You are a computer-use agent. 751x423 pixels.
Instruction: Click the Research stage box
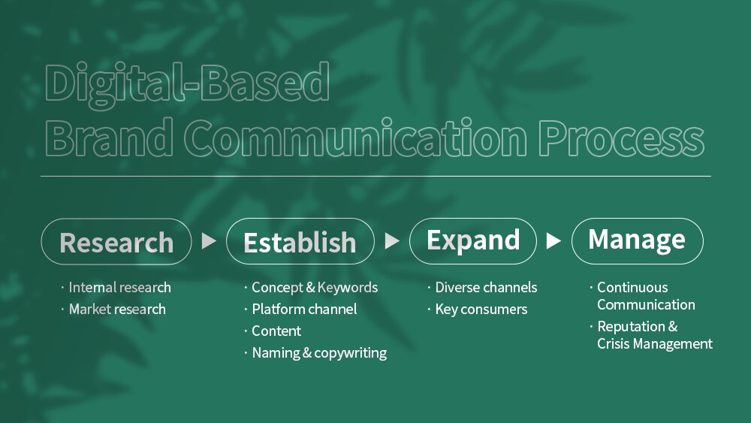coord(116,241)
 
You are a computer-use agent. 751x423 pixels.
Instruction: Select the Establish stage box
coord(300,241)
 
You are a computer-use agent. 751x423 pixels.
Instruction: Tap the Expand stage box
coord(472,241)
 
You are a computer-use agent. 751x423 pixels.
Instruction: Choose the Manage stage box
coord(637,241)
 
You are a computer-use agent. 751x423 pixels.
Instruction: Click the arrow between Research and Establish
coord(208,241)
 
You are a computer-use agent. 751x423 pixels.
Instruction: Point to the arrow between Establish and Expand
coord(392,241)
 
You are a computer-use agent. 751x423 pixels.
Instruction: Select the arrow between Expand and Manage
coord(553,241)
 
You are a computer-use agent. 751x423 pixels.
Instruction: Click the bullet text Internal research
coord(119,288)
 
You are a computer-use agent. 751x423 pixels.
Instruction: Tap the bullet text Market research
coord(117,310)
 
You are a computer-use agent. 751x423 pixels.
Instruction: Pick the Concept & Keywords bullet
coord(315,288)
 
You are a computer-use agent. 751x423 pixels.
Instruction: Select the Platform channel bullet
coord(304,310)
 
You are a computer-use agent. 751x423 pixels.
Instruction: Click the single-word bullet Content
coord(276,331)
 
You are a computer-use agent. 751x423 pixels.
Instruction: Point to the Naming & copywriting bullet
coord(319,353)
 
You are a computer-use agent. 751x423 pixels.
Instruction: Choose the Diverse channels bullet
coord(486,288)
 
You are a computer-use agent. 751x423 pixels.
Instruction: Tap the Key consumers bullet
coord(481,310)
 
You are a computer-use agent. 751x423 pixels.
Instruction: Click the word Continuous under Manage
coord(632,288)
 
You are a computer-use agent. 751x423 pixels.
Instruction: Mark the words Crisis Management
coord(655,344)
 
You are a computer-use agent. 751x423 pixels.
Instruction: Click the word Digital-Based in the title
coord(187,83)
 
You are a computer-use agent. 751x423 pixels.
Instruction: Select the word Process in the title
coord(621,138)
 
